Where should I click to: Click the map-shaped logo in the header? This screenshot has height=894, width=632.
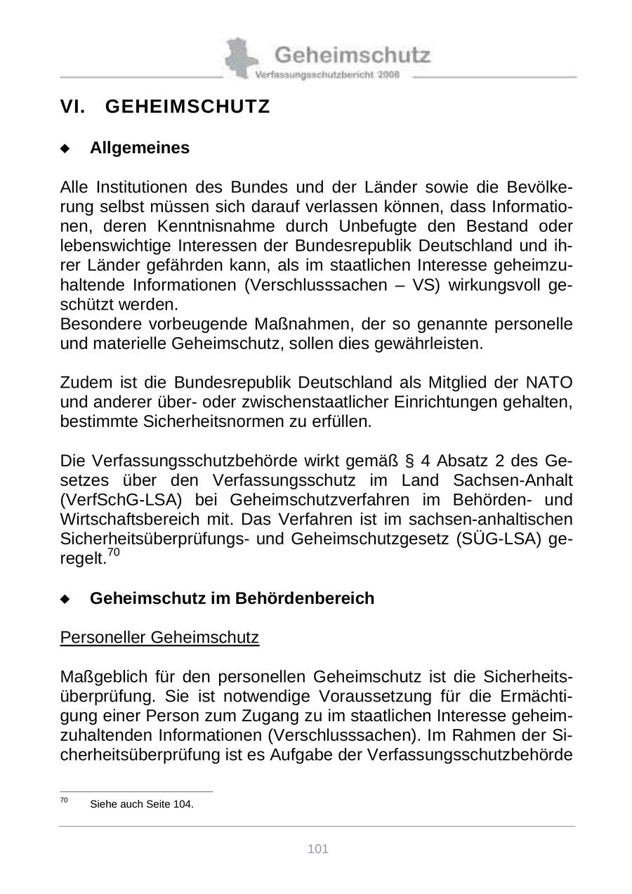(x=241, y=58)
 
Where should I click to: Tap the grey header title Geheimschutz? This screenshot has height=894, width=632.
(x=352, y=54)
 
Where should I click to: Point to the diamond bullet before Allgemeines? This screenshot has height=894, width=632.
(x=65, y=149)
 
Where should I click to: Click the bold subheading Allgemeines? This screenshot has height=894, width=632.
(x=140, y=148)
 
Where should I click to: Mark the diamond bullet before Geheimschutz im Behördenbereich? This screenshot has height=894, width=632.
(x=65, y=599)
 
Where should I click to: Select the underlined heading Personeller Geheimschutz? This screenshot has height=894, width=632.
(x=159, y=638)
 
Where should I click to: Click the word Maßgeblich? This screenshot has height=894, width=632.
(x=104, y=677)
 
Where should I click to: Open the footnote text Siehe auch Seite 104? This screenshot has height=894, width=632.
(x=142, y=804)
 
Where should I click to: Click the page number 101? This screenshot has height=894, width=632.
(x=318, y=849)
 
